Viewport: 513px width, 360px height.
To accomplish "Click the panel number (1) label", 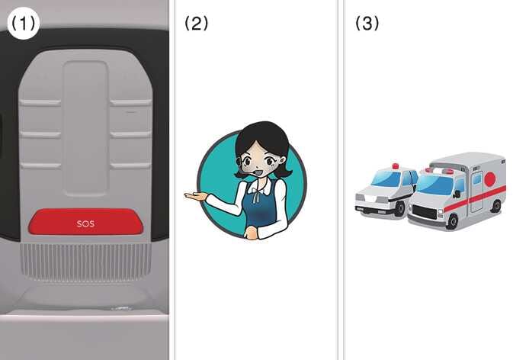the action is (x=23, y=24).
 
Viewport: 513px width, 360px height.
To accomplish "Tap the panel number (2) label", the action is (x=197, y=24).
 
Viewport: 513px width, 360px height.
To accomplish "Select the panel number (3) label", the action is (x=367, y=24).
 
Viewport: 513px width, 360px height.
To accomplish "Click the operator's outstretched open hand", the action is (x=196, y=196).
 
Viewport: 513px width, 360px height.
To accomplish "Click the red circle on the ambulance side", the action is (x=490, y=179).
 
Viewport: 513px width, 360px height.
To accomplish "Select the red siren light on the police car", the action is (x=396, y=166).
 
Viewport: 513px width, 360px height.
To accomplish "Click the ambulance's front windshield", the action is (x=434, y=185).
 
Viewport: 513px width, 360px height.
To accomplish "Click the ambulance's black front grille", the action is (x=425, y=212).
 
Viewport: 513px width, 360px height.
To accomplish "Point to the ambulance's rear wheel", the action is (x=496, y=206).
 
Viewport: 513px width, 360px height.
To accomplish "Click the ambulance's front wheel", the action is (x=452, y=221).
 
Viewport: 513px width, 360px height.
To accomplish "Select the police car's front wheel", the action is (x=399, y=208).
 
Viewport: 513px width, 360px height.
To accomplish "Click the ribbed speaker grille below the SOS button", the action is (x=85, y=262).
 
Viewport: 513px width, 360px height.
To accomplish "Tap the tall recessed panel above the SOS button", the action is (x=85, y=128).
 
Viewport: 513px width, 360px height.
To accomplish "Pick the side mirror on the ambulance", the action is (x=457, y=194).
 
